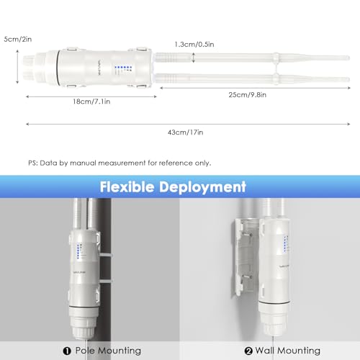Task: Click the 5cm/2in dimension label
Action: [18, 39]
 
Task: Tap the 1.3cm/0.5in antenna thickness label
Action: [194, 45]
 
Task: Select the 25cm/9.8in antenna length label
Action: [248, 95]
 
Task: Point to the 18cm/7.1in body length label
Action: [91, 102]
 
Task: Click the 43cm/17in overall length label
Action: [185, 132]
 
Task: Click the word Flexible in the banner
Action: [127, 186]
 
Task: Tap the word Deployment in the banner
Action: [202, 187]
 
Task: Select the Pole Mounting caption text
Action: [108, 351]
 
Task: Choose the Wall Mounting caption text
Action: [287, 351]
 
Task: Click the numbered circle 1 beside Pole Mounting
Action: [67, 351]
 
